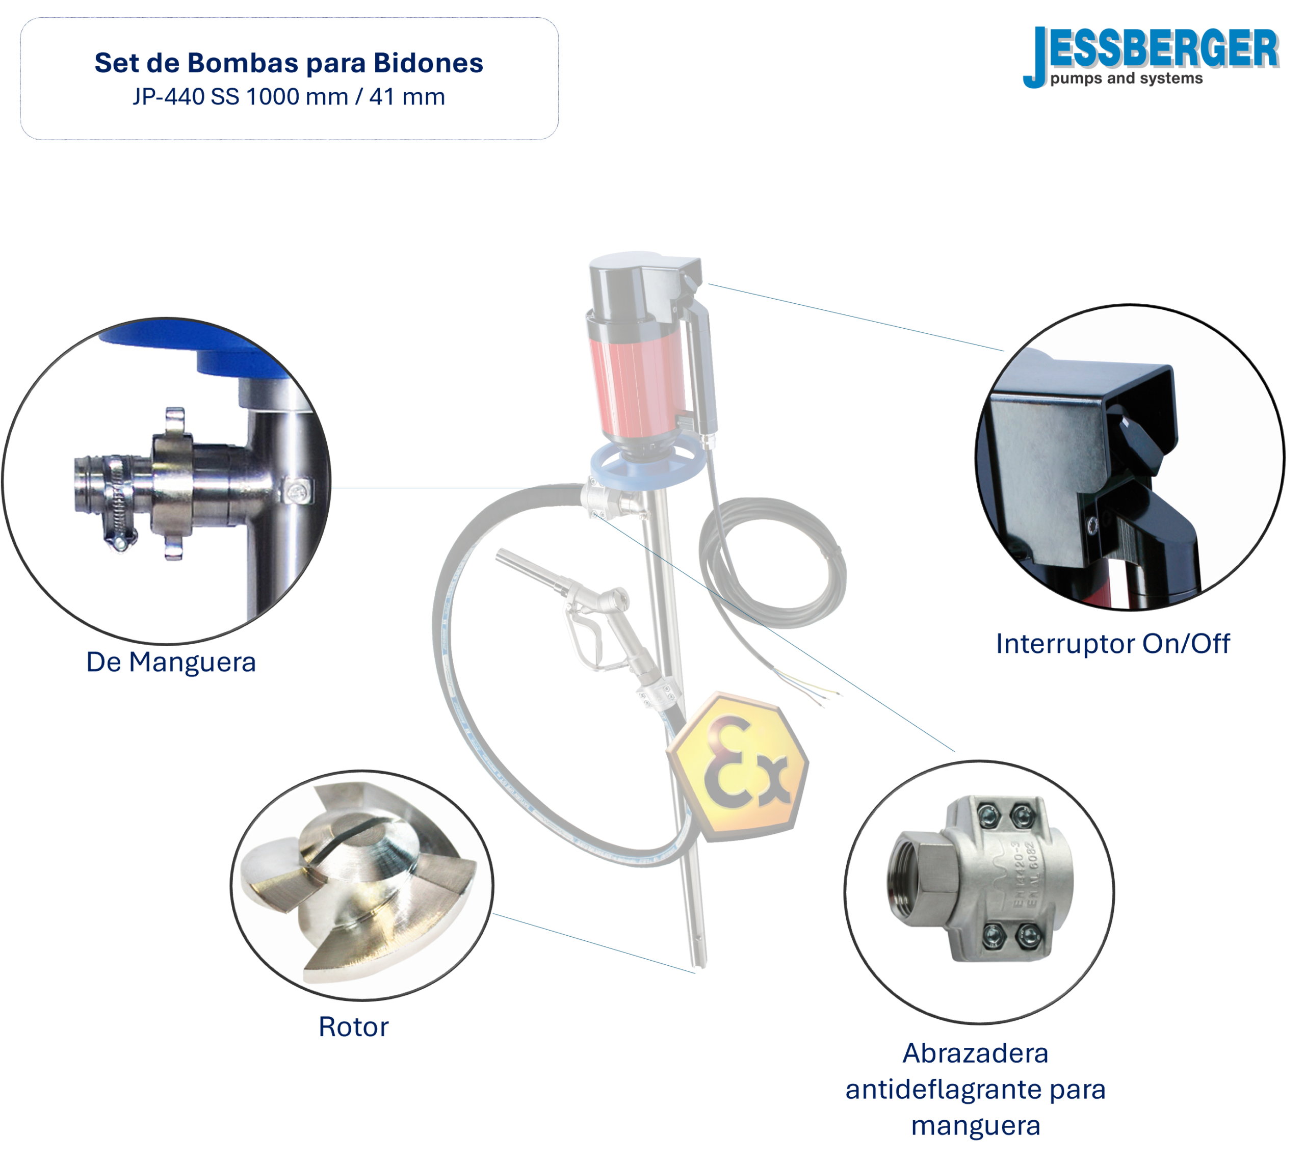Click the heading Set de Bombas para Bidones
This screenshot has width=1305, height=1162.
click(289, 63)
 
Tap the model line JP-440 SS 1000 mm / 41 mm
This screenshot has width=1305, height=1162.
click(289, 97)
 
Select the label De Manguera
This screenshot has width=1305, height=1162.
click(171, 662)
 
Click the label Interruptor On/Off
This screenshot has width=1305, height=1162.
click(1113, 644)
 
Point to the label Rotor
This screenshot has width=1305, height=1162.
click(353, 1026)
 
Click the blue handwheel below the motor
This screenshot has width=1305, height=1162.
click(645, 466)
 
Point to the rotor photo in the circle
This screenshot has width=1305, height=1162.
click(362, 884)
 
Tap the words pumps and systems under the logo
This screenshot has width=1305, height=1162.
click(1126, 78)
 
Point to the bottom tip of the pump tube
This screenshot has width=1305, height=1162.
click(700, 964)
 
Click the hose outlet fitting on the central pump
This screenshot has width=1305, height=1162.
click(607, 501)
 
